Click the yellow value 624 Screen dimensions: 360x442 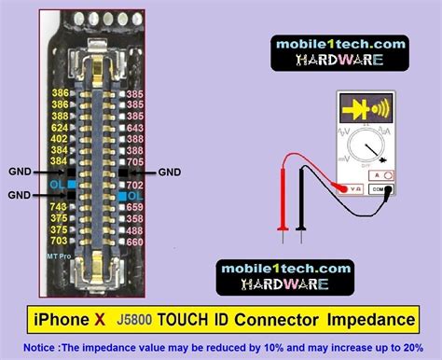pos(60,128)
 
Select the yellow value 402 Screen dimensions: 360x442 pos(60,139)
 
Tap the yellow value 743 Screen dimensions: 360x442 pos(59,206)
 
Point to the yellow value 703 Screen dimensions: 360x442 pos(59,242)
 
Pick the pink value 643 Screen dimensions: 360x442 pos(134,128)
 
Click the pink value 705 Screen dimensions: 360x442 pos(134,161)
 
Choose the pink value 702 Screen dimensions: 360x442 pos(134,184)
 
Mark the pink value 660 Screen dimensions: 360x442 pos(134,242)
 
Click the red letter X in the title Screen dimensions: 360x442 pos(99,320)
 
